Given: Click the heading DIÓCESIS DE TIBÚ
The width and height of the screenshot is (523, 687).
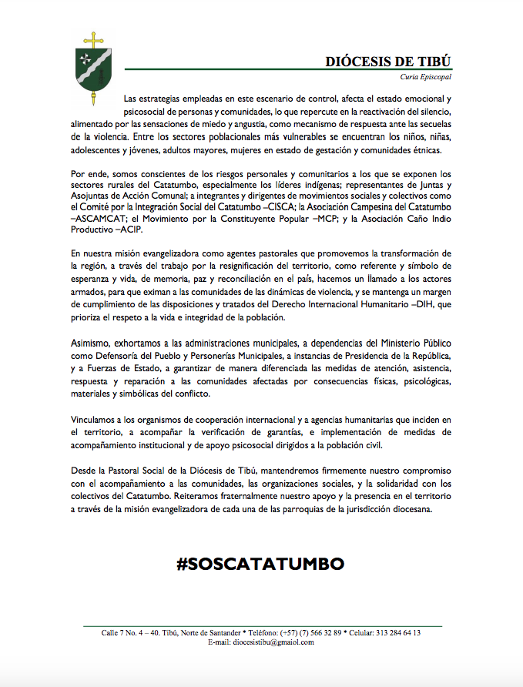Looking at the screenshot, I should click(387, 61).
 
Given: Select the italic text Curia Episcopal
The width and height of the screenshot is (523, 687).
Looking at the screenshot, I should click(425, 77).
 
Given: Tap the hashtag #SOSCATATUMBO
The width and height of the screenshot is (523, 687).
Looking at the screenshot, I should click(260, 564).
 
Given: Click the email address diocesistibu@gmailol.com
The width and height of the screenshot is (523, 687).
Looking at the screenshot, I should click(273, 642).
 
